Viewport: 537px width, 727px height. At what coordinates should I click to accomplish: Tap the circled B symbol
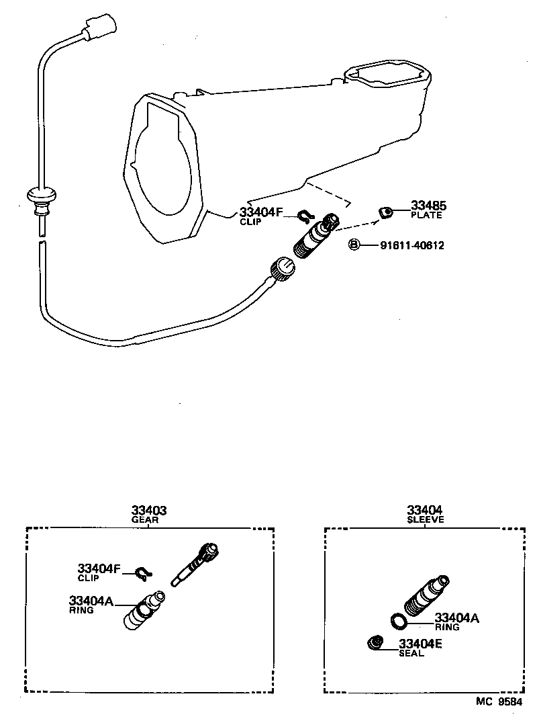[354, 245]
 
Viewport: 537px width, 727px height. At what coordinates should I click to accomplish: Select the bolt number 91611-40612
[411, 245]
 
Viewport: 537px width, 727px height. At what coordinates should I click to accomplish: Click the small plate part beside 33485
[385, 213]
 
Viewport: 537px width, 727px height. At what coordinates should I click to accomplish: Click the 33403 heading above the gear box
[148, 511]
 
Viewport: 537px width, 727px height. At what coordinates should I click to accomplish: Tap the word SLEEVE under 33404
[424, 520]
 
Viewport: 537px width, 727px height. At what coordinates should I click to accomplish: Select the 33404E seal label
[420, 643]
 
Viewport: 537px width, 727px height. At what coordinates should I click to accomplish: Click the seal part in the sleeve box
[375, 643]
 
